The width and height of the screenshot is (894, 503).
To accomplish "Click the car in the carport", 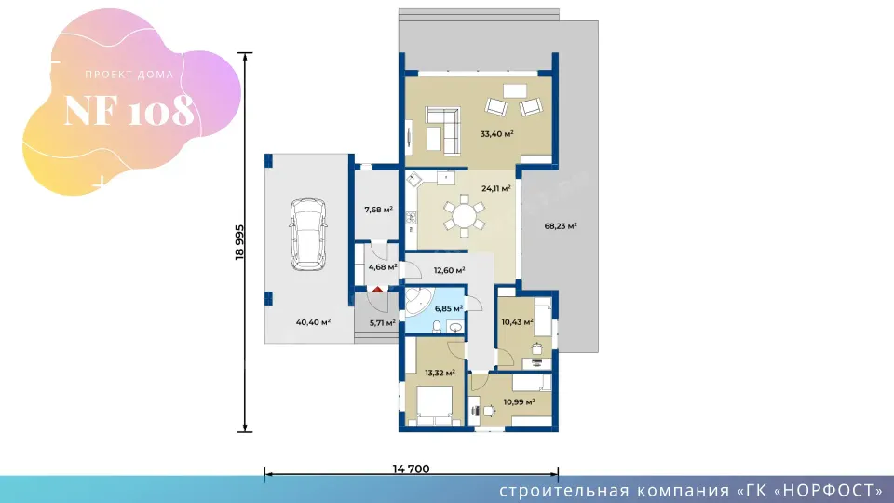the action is pos(308,235).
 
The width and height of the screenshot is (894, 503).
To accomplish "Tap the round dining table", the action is pos(464,216).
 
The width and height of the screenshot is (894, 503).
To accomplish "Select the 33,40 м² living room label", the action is pos(496,134).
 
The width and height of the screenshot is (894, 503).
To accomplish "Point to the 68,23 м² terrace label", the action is pos(561,225).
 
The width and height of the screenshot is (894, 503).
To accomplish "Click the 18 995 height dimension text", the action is pos(239,242).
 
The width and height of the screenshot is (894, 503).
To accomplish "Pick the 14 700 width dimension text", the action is pos(411,469).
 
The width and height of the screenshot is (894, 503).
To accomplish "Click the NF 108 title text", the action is pos(129,111).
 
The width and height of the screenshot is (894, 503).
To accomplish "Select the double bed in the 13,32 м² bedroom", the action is pos(435,405).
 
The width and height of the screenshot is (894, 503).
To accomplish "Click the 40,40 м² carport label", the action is pos(313,322).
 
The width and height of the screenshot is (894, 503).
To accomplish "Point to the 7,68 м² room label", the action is pos(379,210).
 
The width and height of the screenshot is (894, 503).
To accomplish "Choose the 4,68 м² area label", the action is pos(383,267).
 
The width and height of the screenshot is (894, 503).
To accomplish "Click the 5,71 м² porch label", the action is pos(383,323).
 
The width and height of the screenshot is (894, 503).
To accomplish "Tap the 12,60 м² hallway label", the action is pos(449,270).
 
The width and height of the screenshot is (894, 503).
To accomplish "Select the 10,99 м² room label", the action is pos(519,402).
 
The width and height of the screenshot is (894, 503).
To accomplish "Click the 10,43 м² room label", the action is pos(517,322).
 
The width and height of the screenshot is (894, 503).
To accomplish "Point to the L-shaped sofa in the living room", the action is pos(443,130).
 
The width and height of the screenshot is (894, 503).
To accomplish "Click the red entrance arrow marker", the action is pos(377,291).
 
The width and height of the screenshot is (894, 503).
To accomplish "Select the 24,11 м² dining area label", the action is pos(496,188).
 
